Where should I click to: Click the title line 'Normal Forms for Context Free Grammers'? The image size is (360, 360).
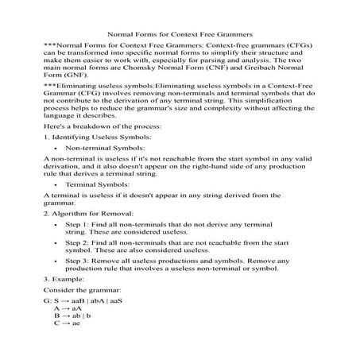[180, 35]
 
